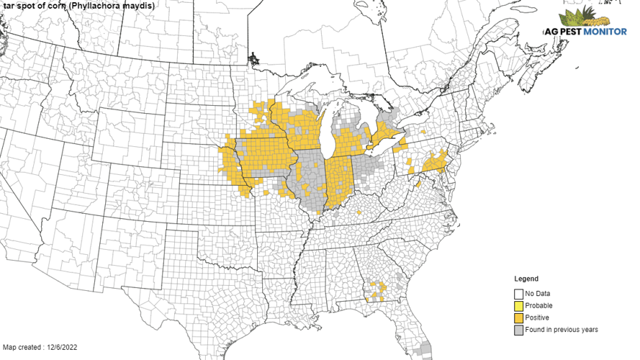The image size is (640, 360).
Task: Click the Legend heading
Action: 526,279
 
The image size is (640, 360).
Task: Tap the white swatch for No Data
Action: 518,294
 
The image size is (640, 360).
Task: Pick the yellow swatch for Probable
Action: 518,305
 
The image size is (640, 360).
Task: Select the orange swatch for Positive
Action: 518,318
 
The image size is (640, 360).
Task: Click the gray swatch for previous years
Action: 518,330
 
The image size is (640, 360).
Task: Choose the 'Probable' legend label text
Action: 539,305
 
